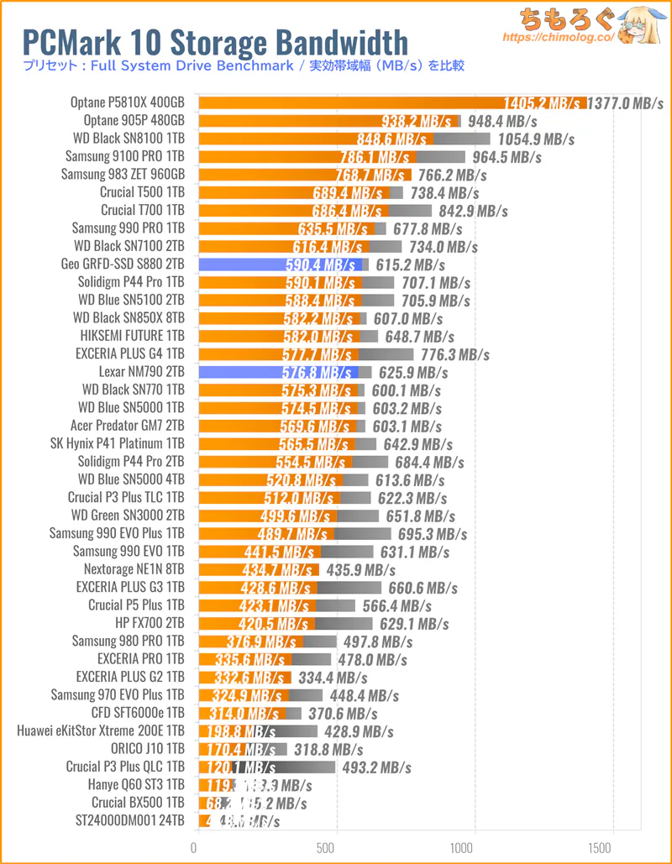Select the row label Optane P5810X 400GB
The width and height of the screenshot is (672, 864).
(128, 102)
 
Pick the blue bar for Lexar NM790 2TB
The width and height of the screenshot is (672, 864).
(276, 372)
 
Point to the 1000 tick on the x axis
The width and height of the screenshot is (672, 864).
(475, 847)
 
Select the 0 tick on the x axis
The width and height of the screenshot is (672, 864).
(195, 847)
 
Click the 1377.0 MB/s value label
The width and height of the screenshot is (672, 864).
(626, 103)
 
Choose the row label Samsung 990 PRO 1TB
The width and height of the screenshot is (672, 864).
(128, 228)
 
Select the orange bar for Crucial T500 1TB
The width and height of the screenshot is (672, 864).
(293, 192)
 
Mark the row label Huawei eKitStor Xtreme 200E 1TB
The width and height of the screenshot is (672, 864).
(100, 731)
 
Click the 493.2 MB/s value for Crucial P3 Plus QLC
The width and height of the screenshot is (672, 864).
(375, 767)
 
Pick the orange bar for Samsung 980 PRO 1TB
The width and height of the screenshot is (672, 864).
(257, 641)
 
